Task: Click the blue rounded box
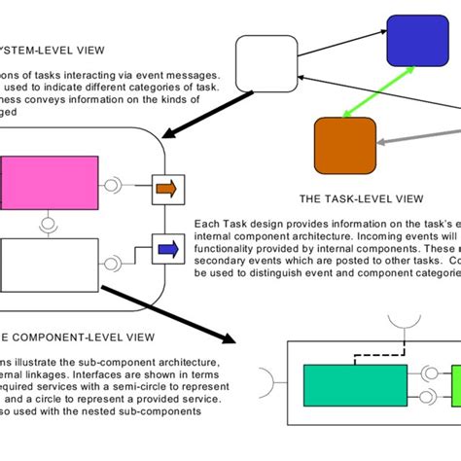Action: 416,41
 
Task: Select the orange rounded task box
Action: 344,144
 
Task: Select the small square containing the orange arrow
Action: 166,189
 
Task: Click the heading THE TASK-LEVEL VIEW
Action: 361,198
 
